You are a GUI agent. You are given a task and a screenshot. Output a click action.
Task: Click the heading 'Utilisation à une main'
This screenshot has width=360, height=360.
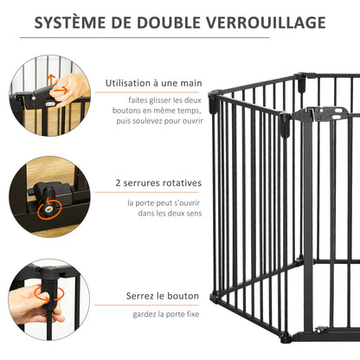pos(153,84)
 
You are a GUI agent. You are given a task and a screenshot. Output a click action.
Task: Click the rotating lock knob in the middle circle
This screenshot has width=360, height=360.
pos(49,206)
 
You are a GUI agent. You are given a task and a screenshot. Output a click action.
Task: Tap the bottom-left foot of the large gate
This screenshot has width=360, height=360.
pos(214,297)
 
